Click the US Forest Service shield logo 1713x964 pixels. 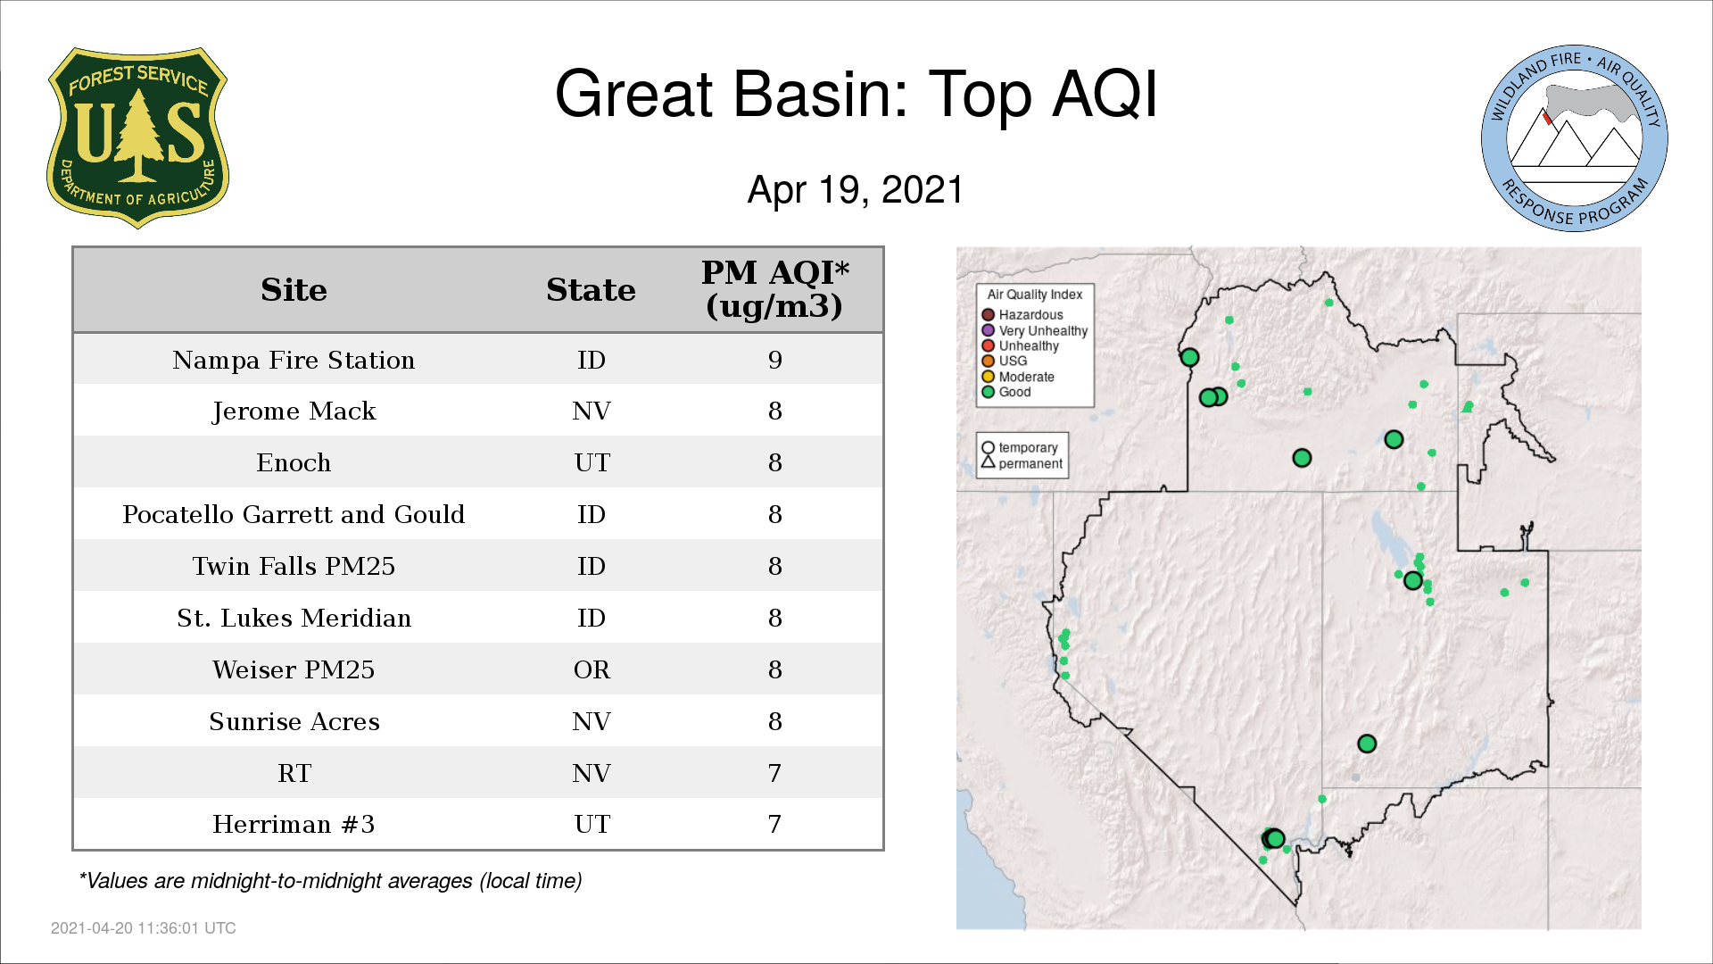(x=137, y=137)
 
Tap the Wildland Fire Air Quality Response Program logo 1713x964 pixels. (x=1575, y=138)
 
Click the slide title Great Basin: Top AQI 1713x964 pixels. (x=856, y=94)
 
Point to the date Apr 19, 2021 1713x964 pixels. (x=856, y=189)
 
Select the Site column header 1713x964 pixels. (x=294, y=290)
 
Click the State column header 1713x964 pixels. (x=591, y=290)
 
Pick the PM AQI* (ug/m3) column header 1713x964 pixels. (x=774, y=289)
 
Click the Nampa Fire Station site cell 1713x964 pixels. (x=294, y=360)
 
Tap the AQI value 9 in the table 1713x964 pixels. (x=774, y=360)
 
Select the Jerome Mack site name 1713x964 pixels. (x=294, y=411)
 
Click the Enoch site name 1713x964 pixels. (x=294, y=462)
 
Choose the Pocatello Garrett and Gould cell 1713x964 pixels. (x=294, y=514)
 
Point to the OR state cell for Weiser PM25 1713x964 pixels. (x=592, y=669)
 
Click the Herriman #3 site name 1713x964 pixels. (x=294, y=824)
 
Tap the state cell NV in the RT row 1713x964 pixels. (x=592, y=773)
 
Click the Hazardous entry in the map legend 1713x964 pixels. (x=1022, y=315)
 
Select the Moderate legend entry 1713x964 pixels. (x=1018, y=377)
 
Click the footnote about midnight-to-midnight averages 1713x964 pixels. (x=330, y=881)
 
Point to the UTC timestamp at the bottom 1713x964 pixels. (x=144, y=928)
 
